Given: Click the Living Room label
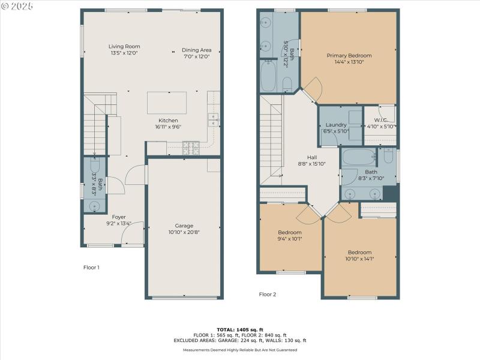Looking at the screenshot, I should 124,46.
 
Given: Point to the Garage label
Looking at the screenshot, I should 185,226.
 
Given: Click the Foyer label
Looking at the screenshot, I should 119,217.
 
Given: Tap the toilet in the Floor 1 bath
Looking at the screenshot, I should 94,165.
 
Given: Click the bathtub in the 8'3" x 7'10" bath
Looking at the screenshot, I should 359,158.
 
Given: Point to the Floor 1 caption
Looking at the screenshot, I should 91,268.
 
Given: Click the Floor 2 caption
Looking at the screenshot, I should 268,295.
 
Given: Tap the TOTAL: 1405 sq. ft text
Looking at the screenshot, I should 240,329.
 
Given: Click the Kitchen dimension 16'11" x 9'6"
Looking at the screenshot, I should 168,127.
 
